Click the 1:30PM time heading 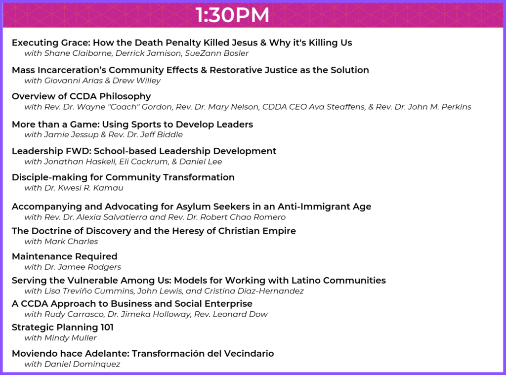tap(232, 15)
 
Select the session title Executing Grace tap(51, 42)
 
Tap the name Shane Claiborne tap(78, 53)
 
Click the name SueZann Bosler tap(216, 53)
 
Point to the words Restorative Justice tap(256, 70)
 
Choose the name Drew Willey tap(136, 81)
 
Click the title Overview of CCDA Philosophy tap(82, 96)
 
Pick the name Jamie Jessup tap(71, 134)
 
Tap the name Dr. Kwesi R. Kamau tap(84, 188)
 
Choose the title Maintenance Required tap(65, 256)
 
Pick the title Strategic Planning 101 tap(63, 328)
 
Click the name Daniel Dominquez tap(82, 364)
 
